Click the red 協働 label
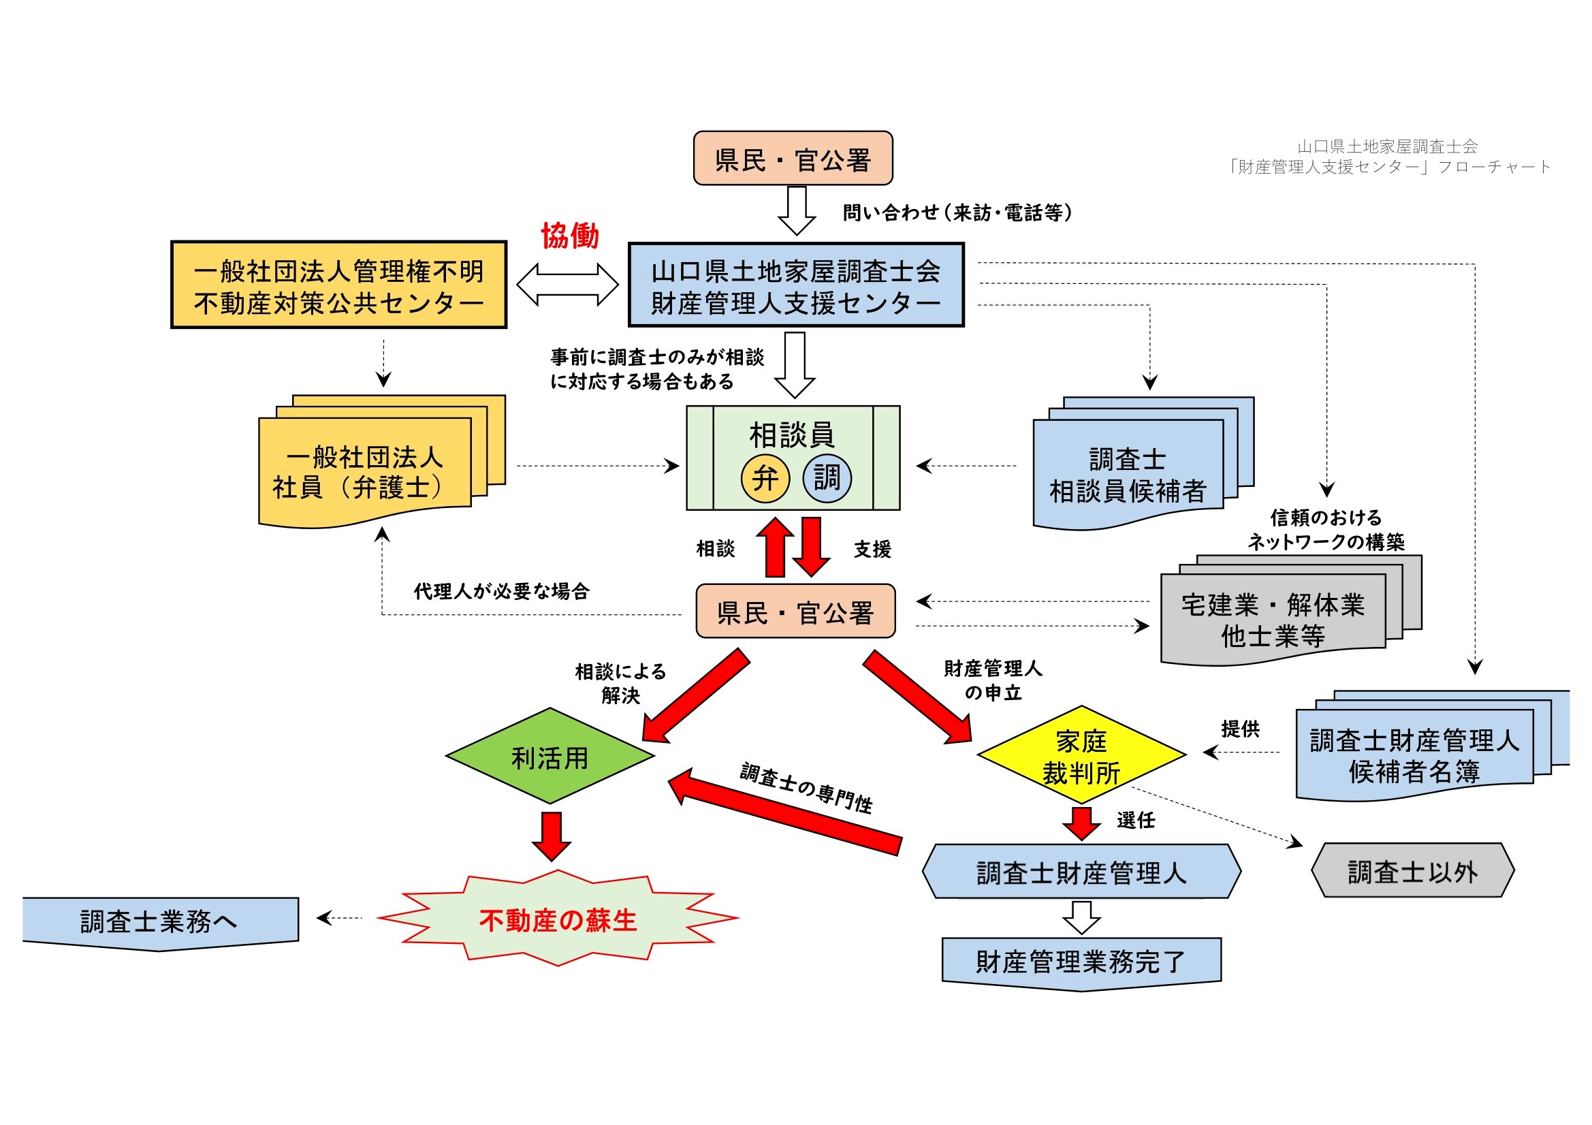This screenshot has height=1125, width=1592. [569, 236]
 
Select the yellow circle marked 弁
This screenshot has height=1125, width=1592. [765, 478]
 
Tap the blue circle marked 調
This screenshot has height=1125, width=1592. [827, 478]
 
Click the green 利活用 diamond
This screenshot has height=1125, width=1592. [550, 756]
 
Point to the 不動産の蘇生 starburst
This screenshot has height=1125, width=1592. [558, 920]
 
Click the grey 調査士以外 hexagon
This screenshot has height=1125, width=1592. [1412, 871]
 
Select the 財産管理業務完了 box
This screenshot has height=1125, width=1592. [1081, 962]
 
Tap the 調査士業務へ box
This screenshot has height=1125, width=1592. [159, 921]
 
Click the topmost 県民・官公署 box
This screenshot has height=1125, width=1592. [793, 159]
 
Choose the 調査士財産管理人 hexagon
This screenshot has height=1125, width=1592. [1081, 872]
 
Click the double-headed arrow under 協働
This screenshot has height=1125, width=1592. [567, 285]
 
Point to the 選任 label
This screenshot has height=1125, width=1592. [1136, 820]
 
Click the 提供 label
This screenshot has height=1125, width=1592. [1240, 728]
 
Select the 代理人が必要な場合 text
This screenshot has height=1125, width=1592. [501, 591]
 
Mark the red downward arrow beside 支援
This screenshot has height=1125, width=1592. [811, 547]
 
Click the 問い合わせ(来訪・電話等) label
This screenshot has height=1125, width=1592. [957, 212]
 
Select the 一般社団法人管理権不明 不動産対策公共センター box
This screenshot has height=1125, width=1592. [339, 285]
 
